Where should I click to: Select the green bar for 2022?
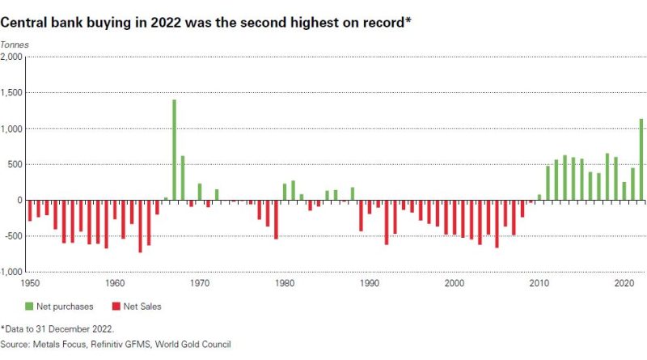coord(641,159)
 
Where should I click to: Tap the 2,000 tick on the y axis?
coord(13,57)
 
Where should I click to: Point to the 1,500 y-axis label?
coord(13,93)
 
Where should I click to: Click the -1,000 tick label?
coord(12,272)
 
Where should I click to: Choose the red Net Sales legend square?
coord(116,306)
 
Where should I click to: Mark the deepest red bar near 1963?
coord(140,226)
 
